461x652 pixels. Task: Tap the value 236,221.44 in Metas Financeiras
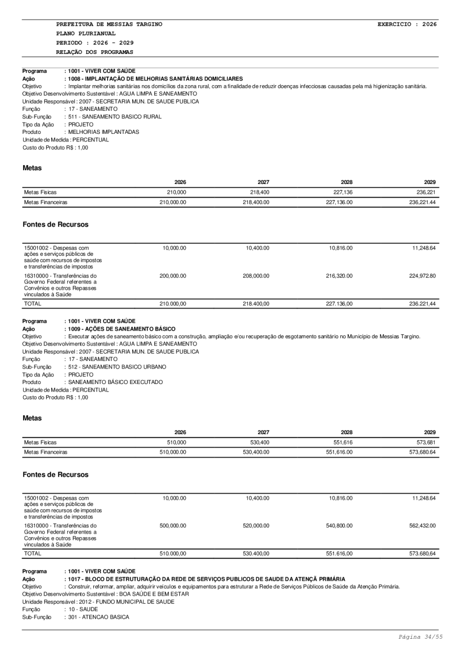click(x=423, y=202)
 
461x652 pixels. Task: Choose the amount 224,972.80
click(x=423, y=276)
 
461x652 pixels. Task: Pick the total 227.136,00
click(x=339, y=303)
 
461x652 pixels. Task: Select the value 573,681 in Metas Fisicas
click(x=426, y=442)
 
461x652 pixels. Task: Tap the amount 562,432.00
click(x=423, y=526)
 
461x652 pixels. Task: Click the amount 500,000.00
click(x=173, y=526)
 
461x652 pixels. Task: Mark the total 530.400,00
click(x=256, y=554)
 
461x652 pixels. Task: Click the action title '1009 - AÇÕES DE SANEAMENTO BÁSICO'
click(x=121, y=329)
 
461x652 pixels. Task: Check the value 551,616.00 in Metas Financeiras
click(x=339, y=453)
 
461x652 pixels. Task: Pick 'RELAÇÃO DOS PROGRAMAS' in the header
click(x=94, y=52)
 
